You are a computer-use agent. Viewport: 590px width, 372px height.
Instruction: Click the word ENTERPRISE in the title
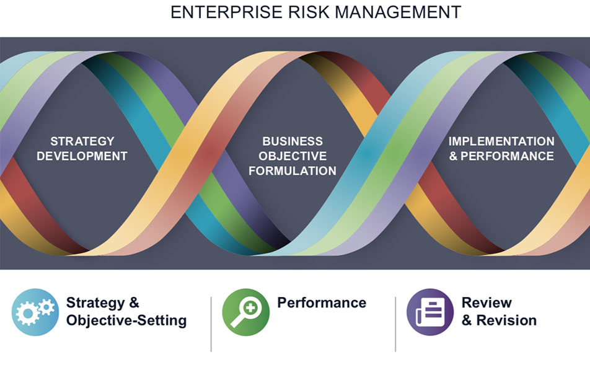pyautogui.click(x=227, y=12)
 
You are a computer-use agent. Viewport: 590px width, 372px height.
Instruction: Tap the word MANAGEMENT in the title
pyautogui.click(x=398, y=12)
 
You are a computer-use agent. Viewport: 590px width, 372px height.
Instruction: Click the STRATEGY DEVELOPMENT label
pyautogui.click(x=82, y=149)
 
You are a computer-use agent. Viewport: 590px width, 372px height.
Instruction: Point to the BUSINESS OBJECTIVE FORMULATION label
pyautogui.click(x=293, y=156)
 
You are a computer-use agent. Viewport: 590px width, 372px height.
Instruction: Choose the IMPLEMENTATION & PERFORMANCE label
pyautogui.click(x=501, y=149)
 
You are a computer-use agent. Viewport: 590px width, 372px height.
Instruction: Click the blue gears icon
pyautogui.click(x=35, y=312)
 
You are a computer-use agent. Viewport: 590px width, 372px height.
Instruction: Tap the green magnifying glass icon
pyautogui.click(x=245, y=312)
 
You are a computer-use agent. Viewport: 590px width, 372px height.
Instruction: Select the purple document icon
pyautogui.click(x=430, y=312)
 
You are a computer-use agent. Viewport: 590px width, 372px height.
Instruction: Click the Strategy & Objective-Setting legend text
pyautogui.click(x=126, y=312)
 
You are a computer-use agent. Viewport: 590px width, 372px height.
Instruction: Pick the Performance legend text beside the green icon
pyautogui.click(x=322, y=303)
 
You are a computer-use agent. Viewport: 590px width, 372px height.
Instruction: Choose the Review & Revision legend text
pyautogui.click(x=499, y=312)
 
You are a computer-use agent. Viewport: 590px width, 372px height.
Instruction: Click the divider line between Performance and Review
pyautogui.click(x=395, y=324)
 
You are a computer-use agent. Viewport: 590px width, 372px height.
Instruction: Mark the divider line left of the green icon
pyautogui.click(x=211, y=324)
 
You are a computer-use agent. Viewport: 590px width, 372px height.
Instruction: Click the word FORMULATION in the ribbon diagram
pyautogui.click(x=293, y=171)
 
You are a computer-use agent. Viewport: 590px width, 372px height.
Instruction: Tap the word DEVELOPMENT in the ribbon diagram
pyautogui.click(x=82, y=156)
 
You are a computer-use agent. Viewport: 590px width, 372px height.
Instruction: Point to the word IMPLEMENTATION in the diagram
pyautogui.click(x=501, y=141)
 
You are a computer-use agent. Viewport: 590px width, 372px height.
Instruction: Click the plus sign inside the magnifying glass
pyautogui.click(x=250, y=308)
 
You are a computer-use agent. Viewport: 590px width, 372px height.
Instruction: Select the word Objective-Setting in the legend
pyautogui.click(x=126, y=321)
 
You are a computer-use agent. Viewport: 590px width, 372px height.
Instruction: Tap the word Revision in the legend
pyautogui.click(x=506, y=321)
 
